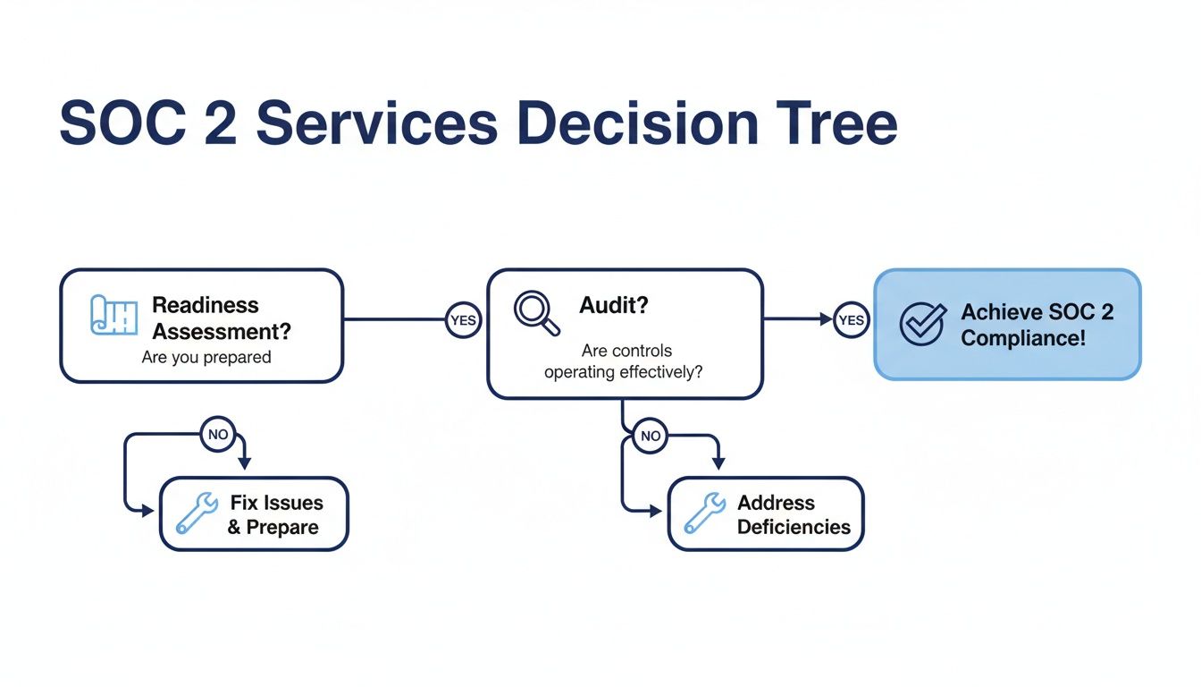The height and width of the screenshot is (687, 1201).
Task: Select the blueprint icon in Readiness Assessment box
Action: tap(113, 316)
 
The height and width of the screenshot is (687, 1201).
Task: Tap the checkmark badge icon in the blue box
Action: tap(921, 324)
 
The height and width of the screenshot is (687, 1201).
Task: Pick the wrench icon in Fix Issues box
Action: tap(197, 513)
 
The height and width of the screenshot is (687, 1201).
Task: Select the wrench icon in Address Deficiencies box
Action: tap(704, 513)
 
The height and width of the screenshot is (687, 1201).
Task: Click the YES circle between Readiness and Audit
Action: tap(463, 320)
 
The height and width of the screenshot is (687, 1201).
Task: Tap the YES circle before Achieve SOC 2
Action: tap(852, 320)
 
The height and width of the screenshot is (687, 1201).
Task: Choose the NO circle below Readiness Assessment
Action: tap(218, 435)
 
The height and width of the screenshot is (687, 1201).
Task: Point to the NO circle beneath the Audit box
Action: tap(651, 437)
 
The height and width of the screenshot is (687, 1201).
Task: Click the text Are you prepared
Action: tap(206, 357)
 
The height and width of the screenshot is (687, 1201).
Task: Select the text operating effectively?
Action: tap(623, 371)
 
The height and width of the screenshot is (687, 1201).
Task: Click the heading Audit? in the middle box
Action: tap(614, 305)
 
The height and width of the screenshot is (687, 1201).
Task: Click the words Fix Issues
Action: tap(276, 503)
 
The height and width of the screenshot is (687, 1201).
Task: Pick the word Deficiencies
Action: tap(794, 527)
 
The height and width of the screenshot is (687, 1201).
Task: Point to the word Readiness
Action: tap(206, 305)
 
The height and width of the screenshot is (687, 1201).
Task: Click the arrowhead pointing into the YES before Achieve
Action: tap(826, 319)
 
